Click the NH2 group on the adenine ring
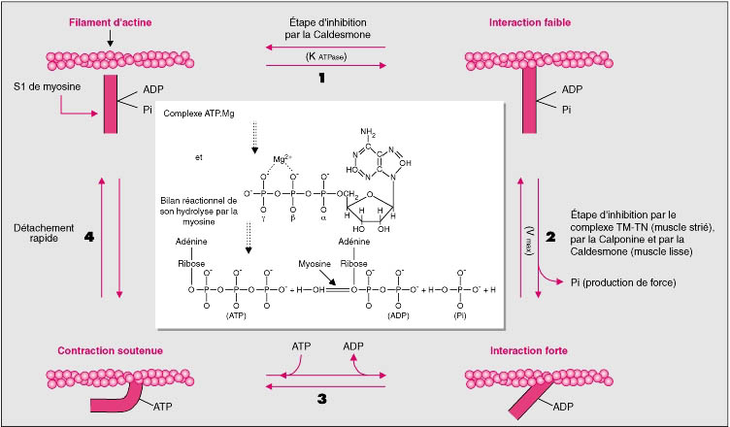(370, 131)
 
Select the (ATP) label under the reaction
(235, 313)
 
